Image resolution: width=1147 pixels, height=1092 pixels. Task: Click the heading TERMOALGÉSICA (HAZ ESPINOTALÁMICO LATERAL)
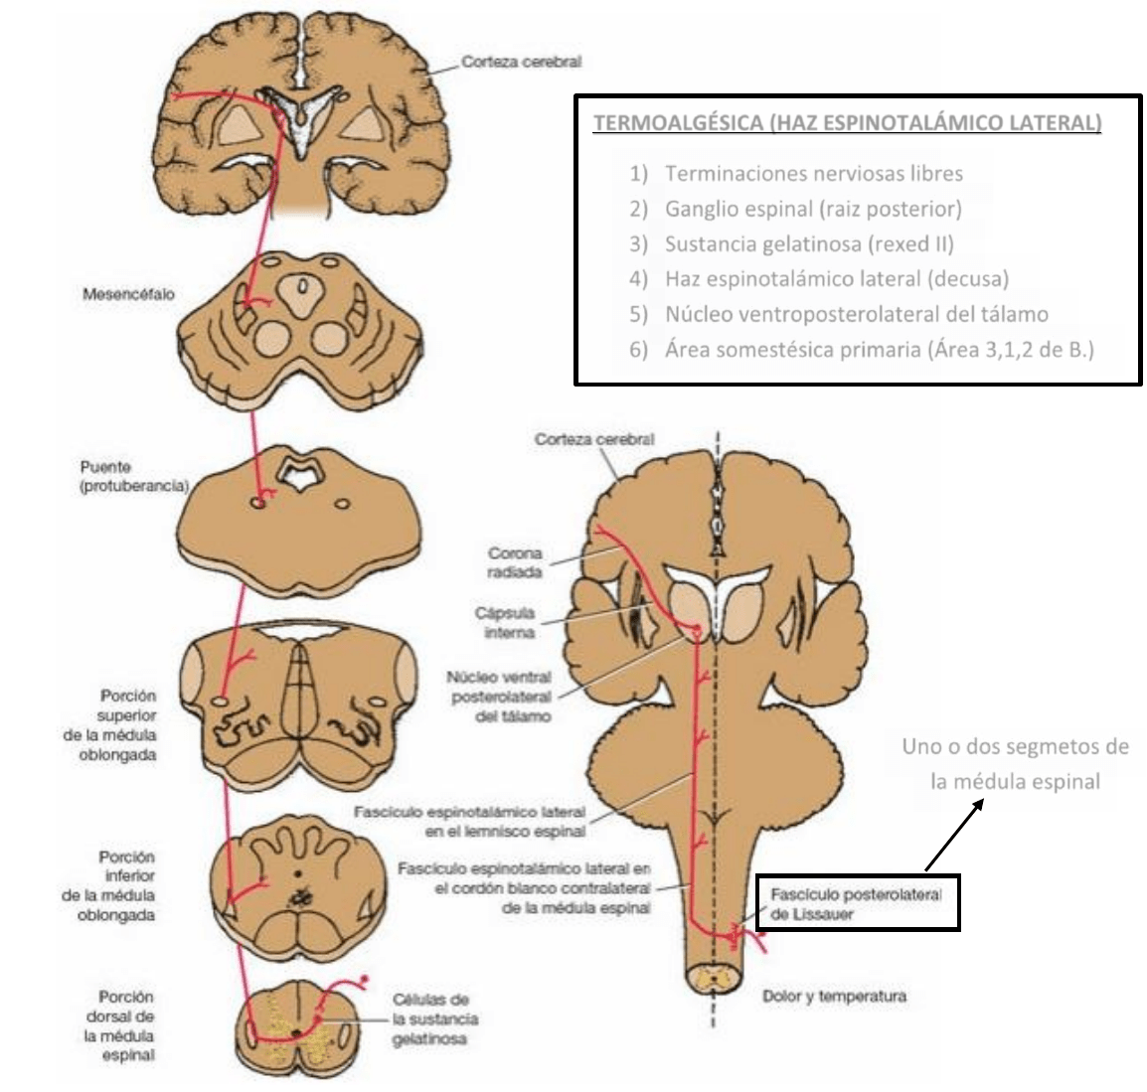(847, 124)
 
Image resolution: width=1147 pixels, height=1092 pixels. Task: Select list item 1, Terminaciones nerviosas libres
(813, 174)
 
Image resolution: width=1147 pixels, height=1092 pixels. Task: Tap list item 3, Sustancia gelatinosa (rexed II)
(809, 243)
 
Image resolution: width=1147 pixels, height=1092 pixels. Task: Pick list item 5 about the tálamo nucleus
(856, 314)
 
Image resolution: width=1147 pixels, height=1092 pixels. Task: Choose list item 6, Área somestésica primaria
(879, 350)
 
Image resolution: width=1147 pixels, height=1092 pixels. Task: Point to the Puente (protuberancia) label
(134, 476)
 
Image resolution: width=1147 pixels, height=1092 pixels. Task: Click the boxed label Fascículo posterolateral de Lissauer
(857, 903)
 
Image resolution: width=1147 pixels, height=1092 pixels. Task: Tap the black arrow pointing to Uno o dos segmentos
(953, 834)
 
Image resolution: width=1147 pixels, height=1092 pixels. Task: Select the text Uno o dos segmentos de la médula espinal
(1015, 763)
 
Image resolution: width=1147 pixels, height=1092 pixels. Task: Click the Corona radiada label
(515, 562)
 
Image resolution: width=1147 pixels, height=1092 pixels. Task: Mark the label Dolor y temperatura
(834, 996)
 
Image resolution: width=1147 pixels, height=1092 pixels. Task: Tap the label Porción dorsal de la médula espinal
(127, 1025)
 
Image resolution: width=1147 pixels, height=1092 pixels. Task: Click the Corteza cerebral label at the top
(521, 62)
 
